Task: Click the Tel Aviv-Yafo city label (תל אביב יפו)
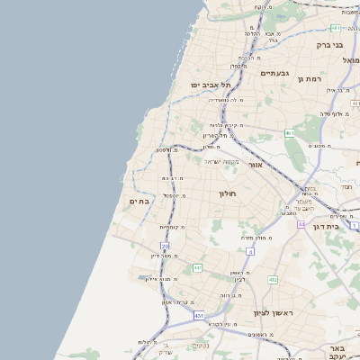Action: (211, 85)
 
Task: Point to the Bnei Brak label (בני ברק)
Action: (329, 44)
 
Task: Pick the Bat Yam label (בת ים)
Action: (139, 201)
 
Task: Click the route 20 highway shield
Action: (165, 245)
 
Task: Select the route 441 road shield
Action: (197, 267)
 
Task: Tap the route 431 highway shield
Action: (198, 315)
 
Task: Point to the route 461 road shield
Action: (289, 133)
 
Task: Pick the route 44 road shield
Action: (301, 223)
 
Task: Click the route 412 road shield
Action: (273, 280)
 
